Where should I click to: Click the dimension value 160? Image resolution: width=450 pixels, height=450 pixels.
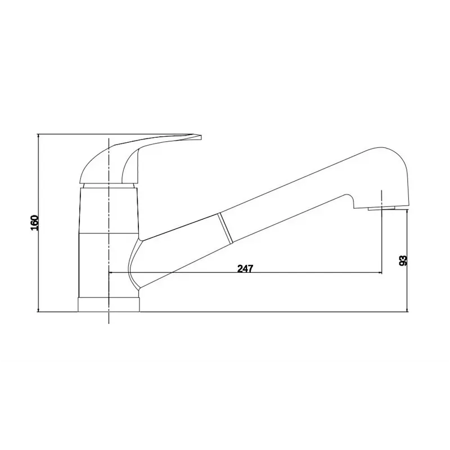pos(34,223)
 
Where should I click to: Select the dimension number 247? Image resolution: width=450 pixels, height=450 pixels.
pos(245,268)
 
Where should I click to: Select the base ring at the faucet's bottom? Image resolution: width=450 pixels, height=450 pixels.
pos(108,304)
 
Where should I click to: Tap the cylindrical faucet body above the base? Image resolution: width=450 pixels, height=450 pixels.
pos(96,242)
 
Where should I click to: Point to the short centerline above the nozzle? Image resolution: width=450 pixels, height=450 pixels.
pos(381,197)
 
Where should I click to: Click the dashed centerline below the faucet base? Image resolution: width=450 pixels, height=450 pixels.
pos(107,318)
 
